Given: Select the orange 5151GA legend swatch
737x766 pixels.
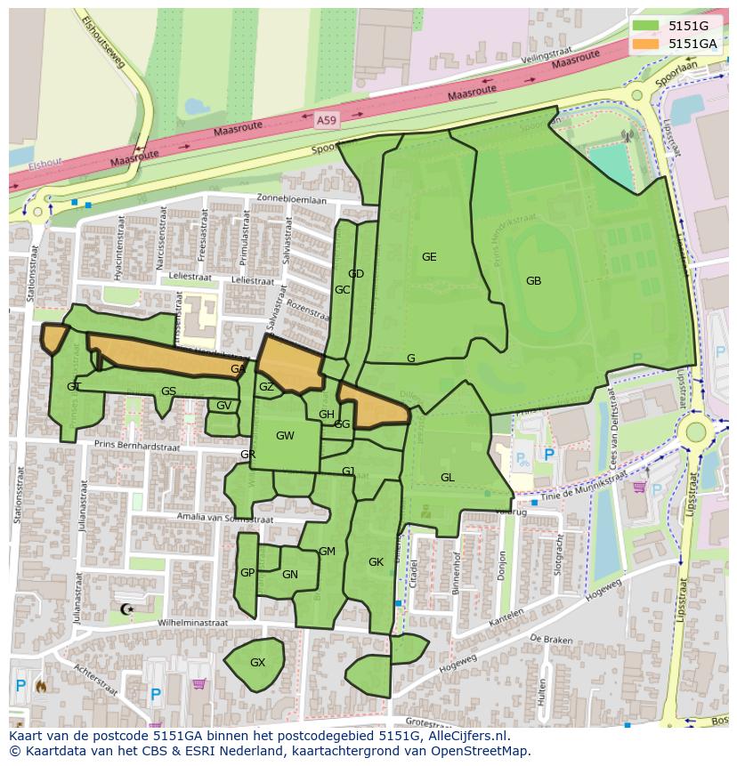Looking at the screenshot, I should click(x=646, y=43).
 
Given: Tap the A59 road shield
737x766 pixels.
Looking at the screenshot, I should click(x=328, y=117).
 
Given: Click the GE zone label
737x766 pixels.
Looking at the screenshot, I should click(x=429, y=257).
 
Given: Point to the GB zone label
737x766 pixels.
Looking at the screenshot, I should click(x=533, y=281).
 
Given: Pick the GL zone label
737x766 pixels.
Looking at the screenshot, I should click(x=447, y=478).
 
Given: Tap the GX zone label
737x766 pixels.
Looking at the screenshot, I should click(x=257, y=663).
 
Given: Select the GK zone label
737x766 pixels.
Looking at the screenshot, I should click(x=376, y=562).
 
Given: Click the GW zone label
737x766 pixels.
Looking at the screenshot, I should click(x=285, y=436).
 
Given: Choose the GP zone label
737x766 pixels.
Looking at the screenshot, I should click(x=247, y=573).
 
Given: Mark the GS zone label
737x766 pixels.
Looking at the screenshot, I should click(x=168, y=391).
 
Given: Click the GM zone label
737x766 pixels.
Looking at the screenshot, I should click(x=327, y=552).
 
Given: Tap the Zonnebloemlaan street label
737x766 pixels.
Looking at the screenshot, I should click(x=291, y=200).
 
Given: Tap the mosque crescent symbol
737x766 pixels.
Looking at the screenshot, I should click(x=125, y=609).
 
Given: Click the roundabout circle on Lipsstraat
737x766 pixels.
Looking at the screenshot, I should click(x=695, y=432).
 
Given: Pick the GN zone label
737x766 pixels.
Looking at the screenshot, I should click(x=289, y=575).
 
